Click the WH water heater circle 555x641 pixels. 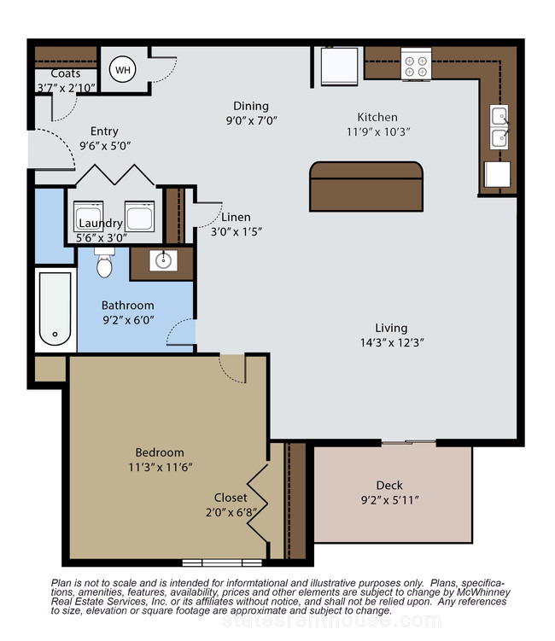pyautogui.click(x=123, y=69)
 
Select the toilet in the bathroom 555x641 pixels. pyautogui.click(x=104, y=262)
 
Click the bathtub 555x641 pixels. pyautogui.click(x=55, y=309)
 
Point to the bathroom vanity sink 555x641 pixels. pyautogui.click(x=163, y=260)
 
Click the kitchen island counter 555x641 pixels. pyautogui.click(x=366, y=186)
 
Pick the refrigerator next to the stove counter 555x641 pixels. pyautogui.click(x=340, y=67)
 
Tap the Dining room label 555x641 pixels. pyautogui.click(x=251, y=106)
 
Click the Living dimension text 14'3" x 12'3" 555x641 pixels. pyautogui.click(x=392, y=342)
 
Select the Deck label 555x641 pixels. pyautogui.click(x=389, y=486)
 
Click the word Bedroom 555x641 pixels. pyautogui.click(x=160, y=452)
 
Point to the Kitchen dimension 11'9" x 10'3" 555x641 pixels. pyautogui.click(x=378, y=132)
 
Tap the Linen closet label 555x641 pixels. pyautogui.click(x=236, y=217)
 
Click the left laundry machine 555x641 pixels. pyautogui.click(x=88, y=216)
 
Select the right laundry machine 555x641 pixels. pyautogui.click(x=139, y=216)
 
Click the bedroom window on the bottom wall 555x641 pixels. pyautogui.click(x=222, y=563)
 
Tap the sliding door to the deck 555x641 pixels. pyautogui.click(x=409, y=442)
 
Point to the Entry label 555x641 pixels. pyautogui.click(x=104, y=131)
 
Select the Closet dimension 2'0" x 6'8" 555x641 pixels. pyautogui.click(x=231, y=513)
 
